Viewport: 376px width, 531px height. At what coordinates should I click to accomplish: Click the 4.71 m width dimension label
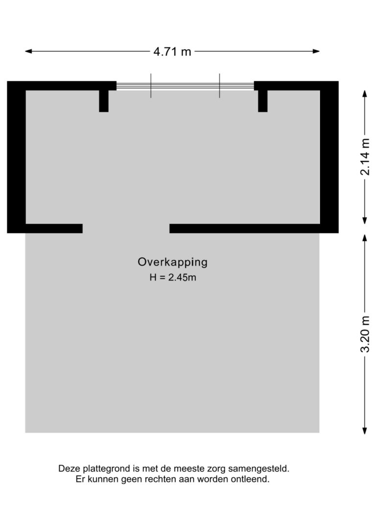[172, 52]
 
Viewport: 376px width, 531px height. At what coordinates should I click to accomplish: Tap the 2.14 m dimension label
[365, 157]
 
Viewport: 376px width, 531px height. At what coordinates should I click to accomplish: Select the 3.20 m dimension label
[365, 334]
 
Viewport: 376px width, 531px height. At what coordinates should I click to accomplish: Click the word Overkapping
[172, 263]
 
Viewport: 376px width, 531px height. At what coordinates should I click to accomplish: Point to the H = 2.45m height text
[173, 277]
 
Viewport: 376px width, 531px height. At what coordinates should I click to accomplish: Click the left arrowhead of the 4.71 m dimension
[28, 51]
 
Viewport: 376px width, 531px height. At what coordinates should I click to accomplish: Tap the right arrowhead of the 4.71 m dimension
[316, 51]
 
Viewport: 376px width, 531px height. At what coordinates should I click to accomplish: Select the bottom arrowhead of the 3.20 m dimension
[365, 431]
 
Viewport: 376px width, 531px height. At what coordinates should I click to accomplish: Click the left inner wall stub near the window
[104, 101]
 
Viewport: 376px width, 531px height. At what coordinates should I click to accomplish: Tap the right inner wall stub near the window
[263, 101]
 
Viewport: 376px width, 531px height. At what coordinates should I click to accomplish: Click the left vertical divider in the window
[151, 86]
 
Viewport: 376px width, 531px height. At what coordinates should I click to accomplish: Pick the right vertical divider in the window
[219, 86]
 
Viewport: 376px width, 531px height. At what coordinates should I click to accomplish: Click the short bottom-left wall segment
[54, 229]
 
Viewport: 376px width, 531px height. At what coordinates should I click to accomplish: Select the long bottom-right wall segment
[245, 229]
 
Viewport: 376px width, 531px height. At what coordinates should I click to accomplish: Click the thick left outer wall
[16, 157]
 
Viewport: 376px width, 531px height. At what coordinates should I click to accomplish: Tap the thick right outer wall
[329, 157]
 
